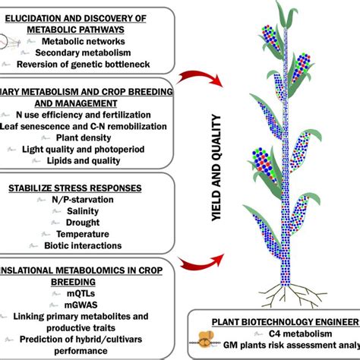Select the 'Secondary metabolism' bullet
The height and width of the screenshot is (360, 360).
point(90,53)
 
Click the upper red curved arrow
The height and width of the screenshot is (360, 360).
point(200,78)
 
